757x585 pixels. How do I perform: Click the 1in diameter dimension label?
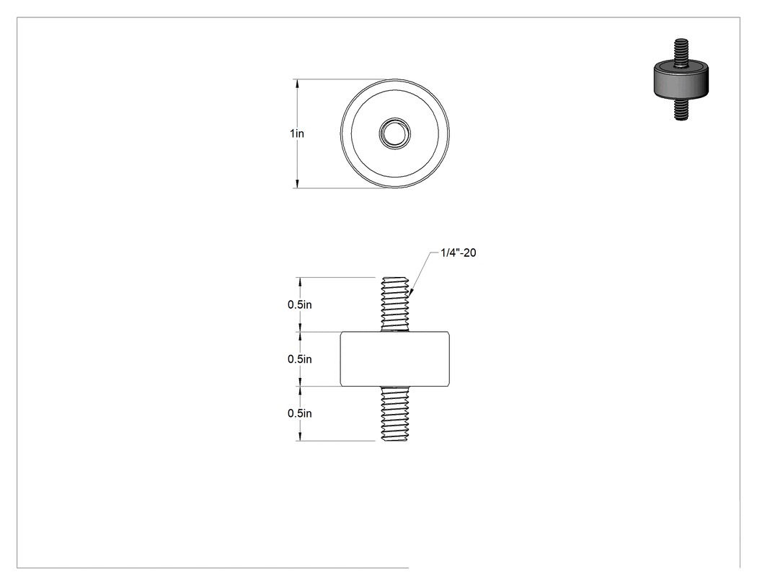(297, 133)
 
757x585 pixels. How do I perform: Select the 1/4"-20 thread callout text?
(458, 252)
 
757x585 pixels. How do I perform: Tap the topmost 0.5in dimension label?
(300, 305)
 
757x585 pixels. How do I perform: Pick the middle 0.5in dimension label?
(300, 359)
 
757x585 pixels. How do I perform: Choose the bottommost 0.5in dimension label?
(300, 413)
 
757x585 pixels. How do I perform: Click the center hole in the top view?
(395, 133)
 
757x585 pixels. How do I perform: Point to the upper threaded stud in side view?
(395, 304)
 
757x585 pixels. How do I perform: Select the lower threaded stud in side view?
(395, 413)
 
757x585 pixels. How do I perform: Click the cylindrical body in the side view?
(395, 359)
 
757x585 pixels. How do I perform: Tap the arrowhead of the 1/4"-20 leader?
(412, 291)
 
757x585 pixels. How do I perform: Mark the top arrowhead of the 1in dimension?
(297, 84)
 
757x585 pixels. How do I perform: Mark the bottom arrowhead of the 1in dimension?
(297, 183)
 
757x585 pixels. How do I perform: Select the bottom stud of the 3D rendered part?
(681, 110)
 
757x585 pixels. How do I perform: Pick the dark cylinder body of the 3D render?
(681, 82)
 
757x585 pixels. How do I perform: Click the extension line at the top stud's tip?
(335, 277)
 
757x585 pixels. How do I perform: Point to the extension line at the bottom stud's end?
(335, 441)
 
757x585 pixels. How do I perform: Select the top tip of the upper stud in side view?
(395, 278)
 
